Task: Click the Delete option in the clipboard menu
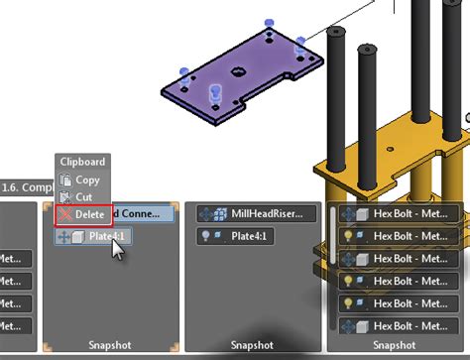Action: [89, 213]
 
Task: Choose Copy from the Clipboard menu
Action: [87, 180]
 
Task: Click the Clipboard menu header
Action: [81, 162]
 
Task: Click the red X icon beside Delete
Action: [65, 213]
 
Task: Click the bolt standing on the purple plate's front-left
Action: [214, 93]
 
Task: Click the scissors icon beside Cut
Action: [65, 196]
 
